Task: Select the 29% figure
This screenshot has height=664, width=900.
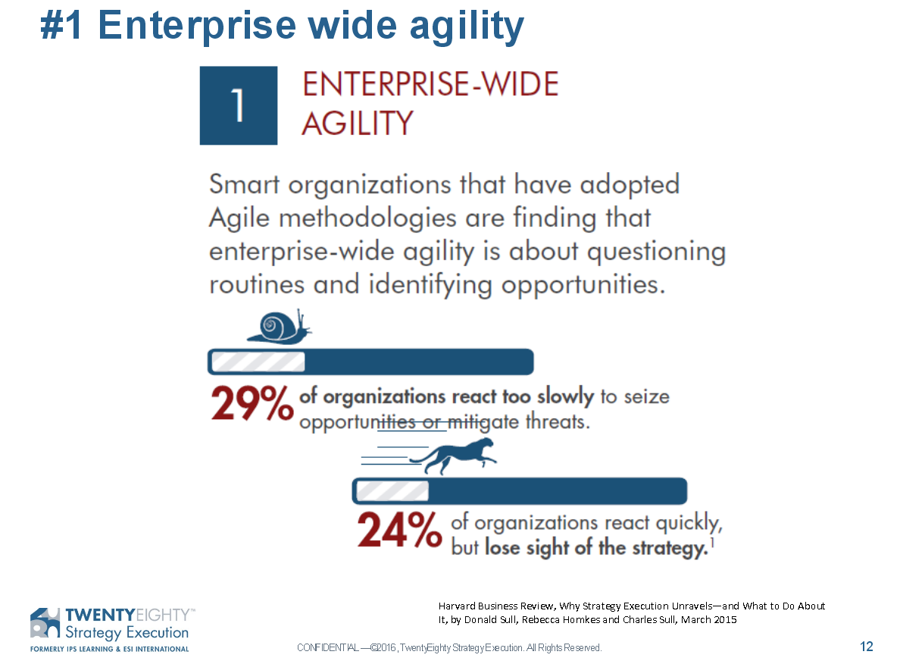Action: (252, 403)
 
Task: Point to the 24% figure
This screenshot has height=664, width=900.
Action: (399, 530)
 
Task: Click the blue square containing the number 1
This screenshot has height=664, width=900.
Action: (238, 105)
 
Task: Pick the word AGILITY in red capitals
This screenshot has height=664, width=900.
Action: (358, 123)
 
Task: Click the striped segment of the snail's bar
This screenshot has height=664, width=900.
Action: (258, 362)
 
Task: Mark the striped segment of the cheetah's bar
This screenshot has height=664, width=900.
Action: (392, 491)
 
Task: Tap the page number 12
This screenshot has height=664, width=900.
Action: (866, 647)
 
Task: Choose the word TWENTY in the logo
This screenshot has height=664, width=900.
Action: (101, 615)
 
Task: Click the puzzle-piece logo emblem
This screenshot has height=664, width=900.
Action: (45, 622)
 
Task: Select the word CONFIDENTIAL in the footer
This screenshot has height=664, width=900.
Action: (328, 648)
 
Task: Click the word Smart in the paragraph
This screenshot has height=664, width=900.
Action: (245, 184)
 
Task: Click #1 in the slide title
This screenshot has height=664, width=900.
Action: (61, 26)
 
